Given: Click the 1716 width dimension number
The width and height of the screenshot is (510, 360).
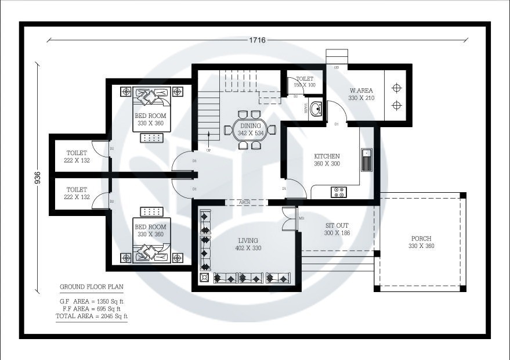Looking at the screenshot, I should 257,40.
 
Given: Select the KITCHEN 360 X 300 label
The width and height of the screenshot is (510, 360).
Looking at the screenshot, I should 327,160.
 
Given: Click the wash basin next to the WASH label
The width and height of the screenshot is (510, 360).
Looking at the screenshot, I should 316,109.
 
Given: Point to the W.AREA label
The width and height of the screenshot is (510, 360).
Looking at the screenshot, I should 361,94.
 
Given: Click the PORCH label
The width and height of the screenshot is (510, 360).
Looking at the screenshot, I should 421,242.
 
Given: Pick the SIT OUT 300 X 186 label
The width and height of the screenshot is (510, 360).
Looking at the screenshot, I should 337,229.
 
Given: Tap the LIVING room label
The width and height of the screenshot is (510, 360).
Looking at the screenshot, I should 248,244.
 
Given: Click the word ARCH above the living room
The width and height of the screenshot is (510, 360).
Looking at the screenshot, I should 244,202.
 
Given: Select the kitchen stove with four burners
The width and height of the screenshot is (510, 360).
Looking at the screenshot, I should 338,191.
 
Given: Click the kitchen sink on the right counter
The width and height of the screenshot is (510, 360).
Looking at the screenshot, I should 367,160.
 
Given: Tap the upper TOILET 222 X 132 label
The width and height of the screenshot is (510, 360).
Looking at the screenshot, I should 77,157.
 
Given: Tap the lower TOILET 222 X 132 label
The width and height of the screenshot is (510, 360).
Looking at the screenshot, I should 77,193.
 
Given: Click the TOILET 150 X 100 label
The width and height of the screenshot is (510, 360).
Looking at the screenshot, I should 305,82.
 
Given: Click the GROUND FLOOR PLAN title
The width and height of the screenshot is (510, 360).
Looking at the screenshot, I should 91,287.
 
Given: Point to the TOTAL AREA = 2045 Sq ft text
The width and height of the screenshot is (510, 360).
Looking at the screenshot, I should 91,316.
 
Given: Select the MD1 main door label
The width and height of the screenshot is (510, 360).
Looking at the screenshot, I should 302,218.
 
